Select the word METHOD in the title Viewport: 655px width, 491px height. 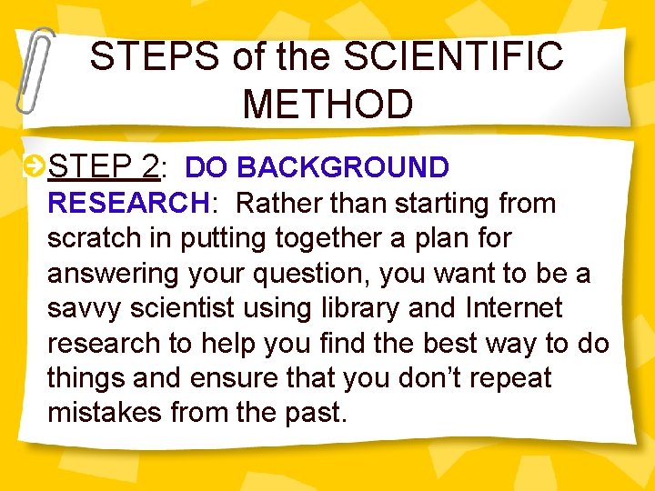pyautogui.click(x=327, y=104)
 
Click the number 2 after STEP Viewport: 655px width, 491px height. pyautogui.click(x=150, y=167)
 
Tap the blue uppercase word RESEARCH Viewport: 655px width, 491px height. pyautogui.click(x=128, y=203)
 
